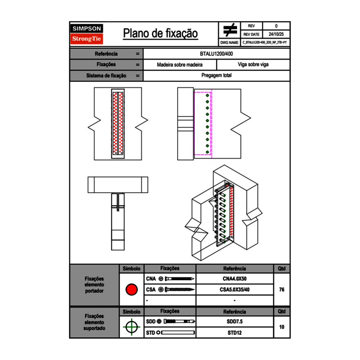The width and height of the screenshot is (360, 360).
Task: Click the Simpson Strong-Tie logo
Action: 87,34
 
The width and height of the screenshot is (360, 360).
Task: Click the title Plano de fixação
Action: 160,34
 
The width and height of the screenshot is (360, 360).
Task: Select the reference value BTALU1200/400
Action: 216,54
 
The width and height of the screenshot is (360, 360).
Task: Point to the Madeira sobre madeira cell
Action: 180,65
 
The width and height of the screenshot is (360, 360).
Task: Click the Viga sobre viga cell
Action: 253,65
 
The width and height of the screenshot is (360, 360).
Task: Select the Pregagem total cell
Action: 216,76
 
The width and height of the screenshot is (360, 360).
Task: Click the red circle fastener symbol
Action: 131,290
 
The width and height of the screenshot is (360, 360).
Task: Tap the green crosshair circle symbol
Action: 131,327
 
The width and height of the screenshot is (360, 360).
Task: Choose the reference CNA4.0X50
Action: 234,279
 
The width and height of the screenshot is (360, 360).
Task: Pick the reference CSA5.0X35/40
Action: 234,290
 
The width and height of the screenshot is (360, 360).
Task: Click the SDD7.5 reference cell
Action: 234,322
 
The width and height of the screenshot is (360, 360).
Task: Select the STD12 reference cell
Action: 234,333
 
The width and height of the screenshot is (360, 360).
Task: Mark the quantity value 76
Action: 281,290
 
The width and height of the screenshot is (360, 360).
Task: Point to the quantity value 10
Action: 281,327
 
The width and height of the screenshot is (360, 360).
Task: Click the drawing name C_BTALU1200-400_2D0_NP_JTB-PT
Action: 265,42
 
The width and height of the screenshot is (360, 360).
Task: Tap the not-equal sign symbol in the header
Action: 229,30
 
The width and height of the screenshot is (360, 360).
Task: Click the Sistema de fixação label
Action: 106,76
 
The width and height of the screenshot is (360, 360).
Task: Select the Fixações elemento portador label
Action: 94,285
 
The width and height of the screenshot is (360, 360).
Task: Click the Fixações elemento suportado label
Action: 94,322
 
